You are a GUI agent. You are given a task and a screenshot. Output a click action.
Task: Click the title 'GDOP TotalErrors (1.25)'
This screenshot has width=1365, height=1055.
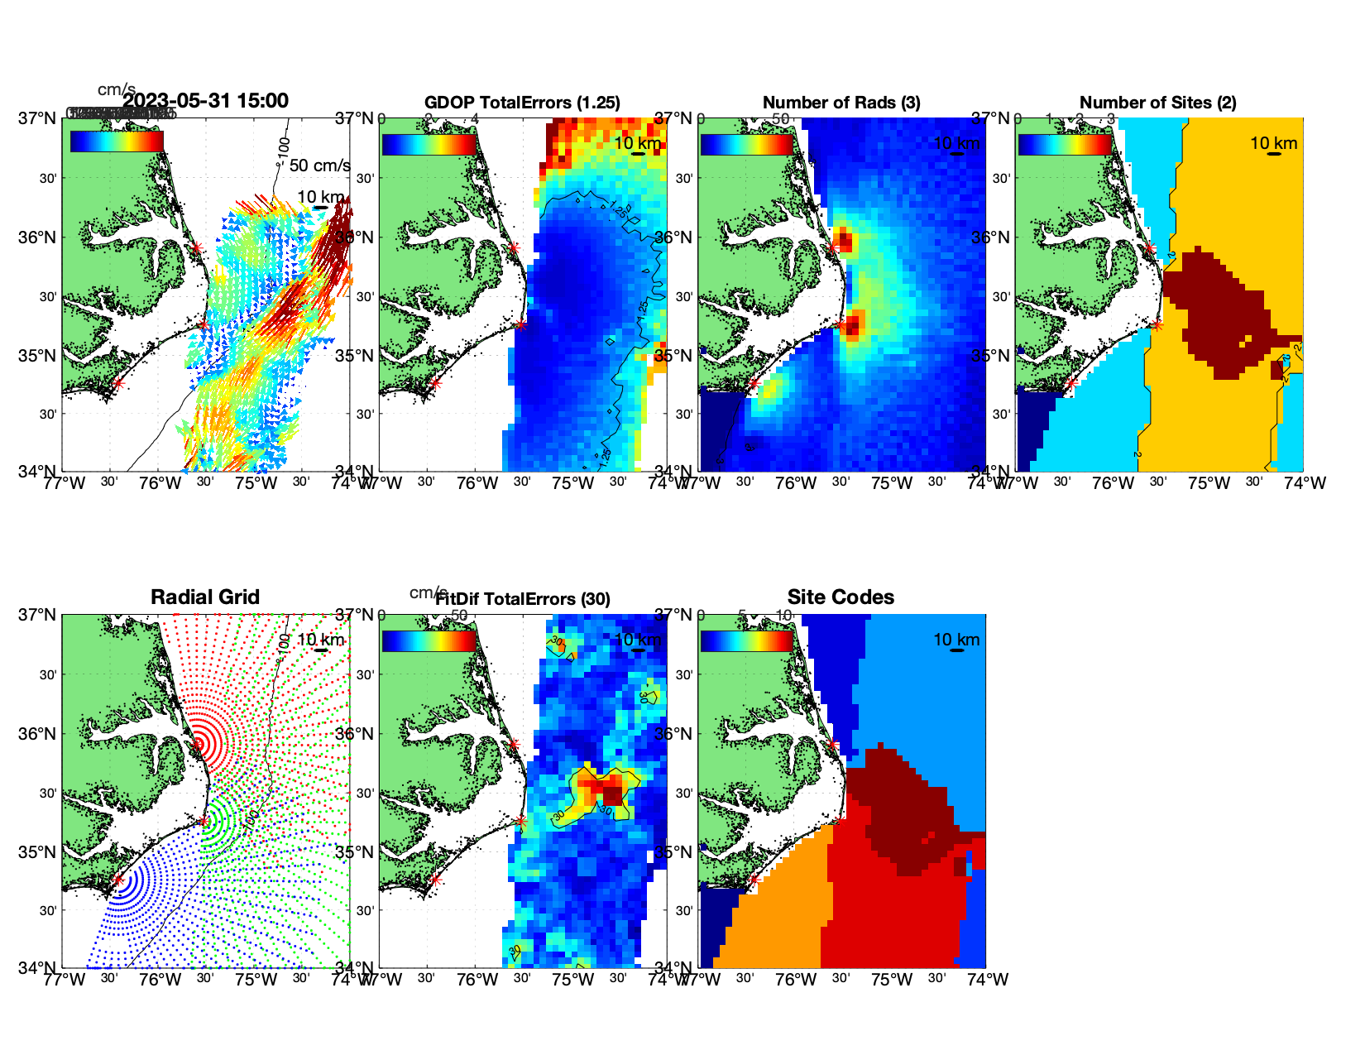click(522, 103)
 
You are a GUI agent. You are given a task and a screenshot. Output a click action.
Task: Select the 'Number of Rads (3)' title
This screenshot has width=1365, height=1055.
click(841, 103)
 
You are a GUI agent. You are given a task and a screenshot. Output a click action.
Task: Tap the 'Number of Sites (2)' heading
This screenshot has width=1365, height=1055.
click(1157, 103)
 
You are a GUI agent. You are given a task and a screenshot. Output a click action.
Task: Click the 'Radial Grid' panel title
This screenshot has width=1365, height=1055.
click(205, 597)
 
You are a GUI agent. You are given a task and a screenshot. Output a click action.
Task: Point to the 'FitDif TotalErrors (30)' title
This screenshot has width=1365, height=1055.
click(523, 599)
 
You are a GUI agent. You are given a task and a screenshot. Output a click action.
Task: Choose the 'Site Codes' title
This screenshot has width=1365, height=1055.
click(841, 597)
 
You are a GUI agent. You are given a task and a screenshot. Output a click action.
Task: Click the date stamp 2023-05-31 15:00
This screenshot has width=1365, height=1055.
click(206, 101)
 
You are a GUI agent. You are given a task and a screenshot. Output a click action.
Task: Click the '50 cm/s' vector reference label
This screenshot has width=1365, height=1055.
click(319, 165)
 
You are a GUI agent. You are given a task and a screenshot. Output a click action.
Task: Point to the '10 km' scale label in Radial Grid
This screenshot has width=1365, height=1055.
click(320, 640)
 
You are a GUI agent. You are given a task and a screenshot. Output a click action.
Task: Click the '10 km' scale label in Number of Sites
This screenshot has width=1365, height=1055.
click(1273, 143)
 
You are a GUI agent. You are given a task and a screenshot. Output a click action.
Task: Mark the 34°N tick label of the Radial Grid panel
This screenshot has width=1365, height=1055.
click(37, 967)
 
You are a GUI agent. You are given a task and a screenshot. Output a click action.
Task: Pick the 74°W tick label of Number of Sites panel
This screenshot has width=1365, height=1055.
click(1305, 483)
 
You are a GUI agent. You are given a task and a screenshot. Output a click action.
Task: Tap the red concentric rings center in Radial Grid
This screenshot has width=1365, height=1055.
click(197, 744)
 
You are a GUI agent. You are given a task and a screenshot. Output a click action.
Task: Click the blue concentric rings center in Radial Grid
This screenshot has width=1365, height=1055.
click(118, 880)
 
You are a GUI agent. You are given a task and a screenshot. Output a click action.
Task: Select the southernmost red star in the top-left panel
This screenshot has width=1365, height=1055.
click(117, 383)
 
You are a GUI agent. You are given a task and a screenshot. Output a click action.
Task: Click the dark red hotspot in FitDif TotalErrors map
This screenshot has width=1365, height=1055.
click(612, 794)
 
